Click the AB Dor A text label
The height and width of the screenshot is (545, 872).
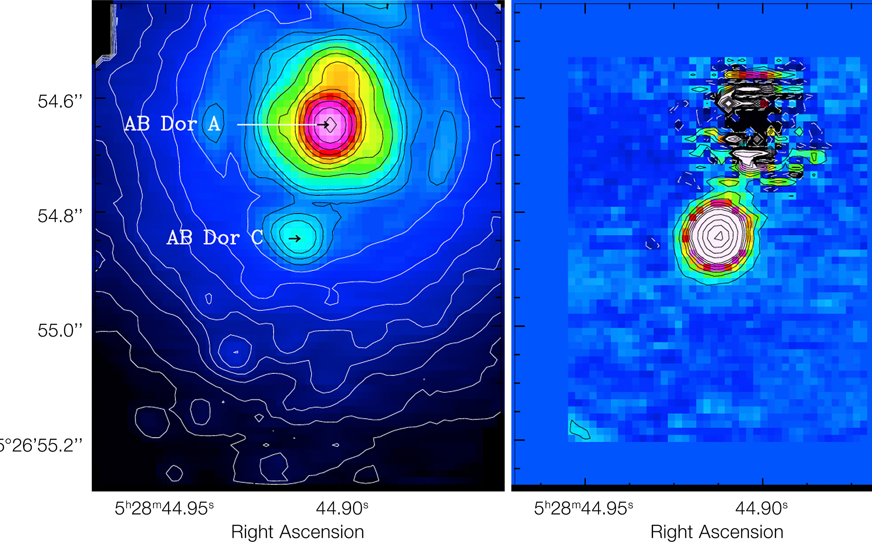point(173,124)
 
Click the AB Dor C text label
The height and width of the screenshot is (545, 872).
point(215,238)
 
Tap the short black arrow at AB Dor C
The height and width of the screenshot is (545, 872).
point(295,238)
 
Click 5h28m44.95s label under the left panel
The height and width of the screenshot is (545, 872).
point(164,508)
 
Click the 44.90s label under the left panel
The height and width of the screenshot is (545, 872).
point(342,508)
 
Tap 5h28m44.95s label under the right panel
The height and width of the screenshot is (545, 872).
point(583,508)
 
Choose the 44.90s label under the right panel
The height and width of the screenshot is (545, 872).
point(761,508)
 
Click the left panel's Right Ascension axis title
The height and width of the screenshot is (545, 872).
point(297,532)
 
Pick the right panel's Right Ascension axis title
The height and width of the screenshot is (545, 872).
point(717,532)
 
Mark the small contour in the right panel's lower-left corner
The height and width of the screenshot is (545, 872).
point(579,430)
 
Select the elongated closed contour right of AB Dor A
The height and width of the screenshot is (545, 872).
point(442,148)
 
